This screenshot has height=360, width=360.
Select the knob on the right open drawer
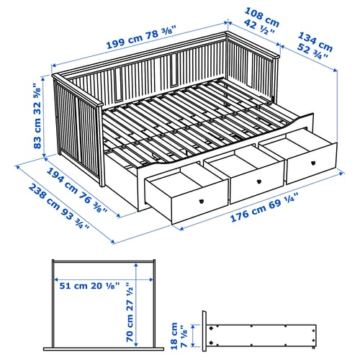324,164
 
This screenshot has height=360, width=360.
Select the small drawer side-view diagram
259,335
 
